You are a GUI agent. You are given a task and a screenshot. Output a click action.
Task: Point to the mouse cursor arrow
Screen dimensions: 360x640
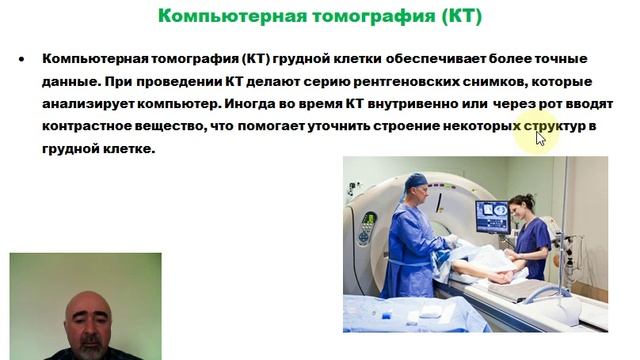tap(541, 138)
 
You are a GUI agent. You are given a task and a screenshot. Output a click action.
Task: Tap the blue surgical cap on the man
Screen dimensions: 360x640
tap(414, 182)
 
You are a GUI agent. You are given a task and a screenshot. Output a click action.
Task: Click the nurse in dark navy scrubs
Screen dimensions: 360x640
tap(531, 240)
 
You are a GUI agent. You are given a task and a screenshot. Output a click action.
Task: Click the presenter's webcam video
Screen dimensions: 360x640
tap(85, 306)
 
